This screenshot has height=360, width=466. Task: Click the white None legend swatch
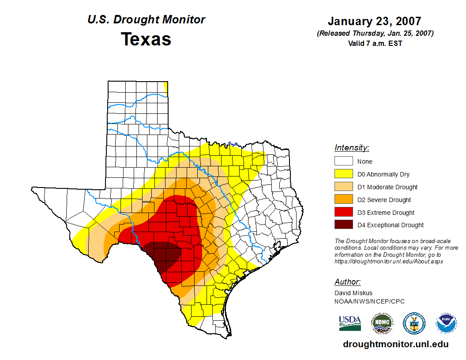point(343,161)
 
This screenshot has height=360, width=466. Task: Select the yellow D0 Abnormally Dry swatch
point(343,174)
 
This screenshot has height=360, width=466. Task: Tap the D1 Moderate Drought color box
point(343,187)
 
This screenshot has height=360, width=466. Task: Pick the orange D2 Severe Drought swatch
point(343,200)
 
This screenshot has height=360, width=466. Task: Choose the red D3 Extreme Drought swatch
point(343,213)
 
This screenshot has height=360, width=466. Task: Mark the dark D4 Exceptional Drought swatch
point(343,225)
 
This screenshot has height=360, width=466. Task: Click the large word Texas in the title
point(146,39)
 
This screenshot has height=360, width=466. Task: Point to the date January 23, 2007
point(374,21)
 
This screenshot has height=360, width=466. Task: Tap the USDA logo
point(350,323)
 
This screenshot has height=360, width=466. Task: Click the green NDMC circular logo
point(382,323)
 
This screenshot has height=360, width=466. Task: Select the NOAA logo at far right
point(446,323)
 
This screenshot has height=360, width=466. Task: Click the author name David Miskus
point(353,293)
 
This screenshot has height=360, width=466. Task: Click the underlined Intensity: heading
point(352,148)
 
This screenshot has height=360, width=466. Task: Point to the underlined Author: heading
point(347,282)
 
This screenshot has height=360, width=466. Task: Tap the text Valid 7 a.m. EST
point(375,43)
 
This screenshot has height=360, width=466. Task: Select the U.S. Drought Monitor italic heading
point(146,20)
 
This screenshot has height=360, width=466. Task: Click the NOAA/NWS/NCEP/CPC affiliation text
point(369,301)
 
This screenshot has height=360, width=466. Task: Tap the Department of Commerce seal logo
point(414,323)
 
